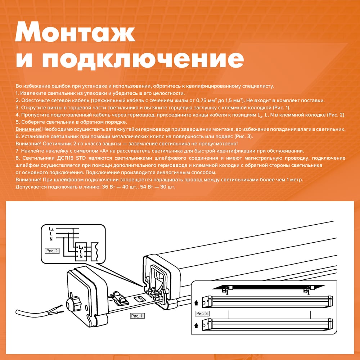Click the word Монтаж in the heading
point(75,32)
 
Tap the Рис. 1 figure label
point(137,316)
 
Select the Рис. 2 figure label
point(52,251)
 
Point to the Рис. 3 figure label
point(202,314)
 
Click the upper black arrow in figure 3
point(196,303)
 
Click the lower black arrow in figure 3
point(196,325)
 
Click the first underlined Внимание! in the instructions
point(28,129)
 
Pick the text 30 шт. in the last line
point(168,187)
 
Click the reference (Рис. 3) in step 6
point(243,136)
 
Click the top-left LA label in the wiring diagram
point(51,229)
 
